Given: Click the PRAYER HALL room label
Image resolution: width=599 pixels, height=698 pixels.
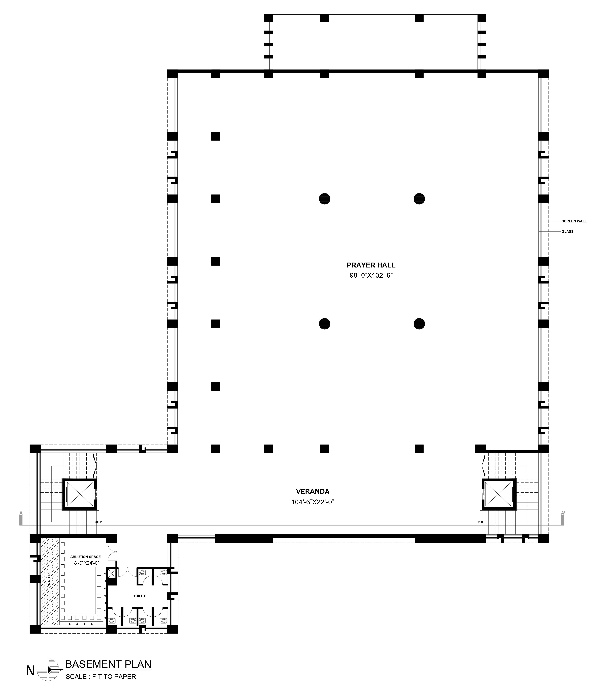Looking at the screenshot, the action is (371, 265).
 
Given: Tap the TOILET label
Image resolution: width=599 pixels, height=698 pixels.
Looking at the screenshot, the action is (139, 596).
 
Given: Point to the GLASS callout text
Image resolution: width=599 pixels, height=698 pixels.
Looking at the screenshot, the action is (567, 231).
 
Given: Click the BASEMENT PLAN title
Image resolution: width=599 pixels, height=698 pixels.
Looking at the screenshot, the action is (108, 664).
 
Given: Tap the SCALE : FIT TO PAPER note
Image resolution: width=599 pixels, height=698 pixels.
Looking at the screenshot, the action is (101, 676).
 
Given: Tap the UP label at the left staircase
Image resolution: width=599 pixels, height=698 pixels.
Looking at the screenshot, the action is (100, 522).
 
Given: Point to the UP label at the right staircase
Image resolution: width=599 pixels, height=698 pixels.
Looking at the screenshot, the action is (478, 522).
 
